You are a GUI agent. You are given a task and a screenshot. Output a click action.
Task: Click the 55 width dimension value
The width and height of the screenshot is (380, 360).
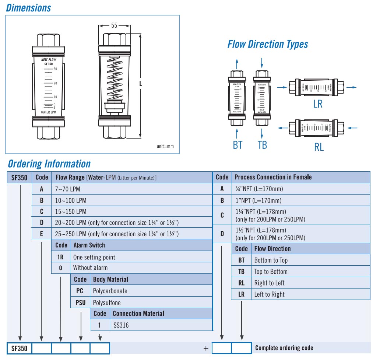pos(114,25)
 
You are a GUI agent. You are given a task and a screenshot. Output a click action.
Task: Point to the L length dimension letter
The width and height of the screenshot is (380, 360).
pos(140,84)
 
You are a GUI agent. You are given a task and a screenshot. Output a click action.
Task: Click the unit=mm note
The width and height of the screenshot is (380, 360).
pos(165,146)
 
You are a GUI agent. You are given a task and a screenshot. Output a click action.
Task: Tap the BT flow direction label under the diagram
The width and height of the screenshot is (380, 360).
pos(237,145)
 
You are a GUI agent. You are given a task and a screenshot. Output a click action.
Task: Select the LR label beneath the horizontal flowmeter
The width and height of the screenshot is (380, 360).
pos(318,104)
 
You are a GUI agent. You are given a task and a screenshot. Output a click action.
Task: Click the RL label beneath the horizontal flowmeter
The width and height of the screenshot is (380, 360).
pos(319,147)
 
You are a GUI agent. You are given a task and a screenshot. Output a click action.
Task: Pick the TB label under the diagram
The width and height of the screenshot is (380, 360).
pos(262,145)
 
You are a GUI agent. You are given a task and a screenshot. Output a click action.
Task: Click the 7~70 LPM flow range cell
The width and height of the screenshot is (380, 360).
pos(68,189)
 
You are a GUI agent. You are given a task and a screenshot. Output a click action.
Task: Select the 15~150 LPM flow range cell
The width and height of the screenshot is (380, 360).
pos(71,212)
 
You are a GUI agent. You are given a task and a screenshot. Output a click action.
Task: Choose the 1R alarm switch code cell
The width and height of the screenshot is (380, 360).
pos(60,257)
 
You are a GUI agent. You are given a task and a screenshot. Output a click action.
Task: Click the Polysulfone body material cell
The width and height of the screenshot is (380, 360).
pos(107,303)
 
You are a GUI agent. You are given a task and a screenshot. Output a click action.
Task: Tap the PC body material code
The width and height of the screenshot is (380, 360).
pos(80,291)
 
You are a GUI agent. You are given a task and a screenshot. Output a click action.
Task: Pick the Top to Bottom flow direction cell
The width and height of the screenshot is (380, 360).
pos(271,272)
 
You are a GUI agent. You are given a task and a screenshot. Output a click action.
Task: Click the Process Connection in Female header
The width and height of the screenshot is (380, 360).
pos(273,177)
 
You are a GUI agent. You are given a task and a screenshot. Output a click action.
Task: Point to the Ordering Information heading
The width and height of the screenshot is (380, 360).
pos(49,164)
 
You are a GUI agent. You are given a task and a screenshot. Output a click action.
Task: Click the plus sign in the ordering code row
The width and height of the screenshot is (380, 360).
pos(206,348)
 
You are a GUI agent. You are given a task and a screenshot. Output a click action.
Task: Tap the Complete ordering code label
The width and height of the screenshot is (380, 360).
pos(284,348)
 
